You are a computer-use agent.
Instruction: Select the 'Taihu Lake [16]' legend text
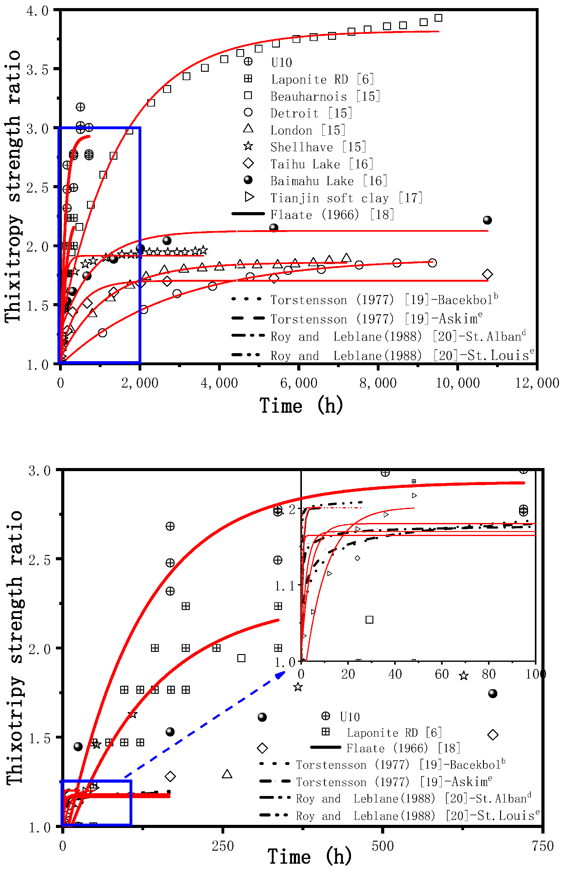pyautogui.click(x=321, y=164)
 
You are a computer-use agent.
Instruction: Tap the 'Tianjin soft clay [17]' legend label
pyautogui.click(x=346, y=198)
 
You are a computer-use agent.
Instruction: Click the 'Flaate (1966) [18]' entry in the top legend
pyautogui.click(x=332, y=215)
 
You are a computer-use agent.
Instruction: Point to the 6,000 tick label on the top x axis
pyautogui.click(x=298, y=383)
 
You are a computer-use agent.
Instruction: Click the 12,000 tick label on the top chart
pyautogui.click(x=536, y=383)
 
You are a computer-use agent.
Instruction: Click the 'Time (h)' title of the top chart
pyautogui.click(x=302, y=406)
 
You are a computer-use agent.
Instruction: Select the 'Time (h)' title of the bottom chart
pyautogui.click(x=309, y=857)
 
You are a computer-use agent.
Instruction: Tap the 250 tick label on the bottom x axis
pyautogui.click(x=222, y=846)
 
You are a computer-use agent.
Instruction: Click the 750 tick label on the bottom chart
pyautogui.click(x=542, y=846)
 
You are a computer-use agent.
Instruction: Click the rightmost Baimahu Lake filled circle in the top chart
pyautogui.click(x=487, y=220)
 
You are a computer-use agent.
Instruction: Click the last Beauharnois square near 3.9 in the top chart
pyautogui.click(x=438, y=18)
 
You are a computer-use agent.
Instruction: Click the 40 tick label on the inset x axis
pyautogui.click(x=395, y=674)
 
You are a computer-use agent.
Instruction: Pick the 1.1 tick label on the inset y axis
pyautogui.click(x=284, y=586)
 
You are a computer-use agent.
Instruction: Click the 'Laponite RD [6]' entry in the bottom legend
pyautogui.click(x=394, y=733)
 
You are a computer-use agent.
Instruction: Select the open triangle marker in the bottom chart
pyautogui.click(x=227, y=774)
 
